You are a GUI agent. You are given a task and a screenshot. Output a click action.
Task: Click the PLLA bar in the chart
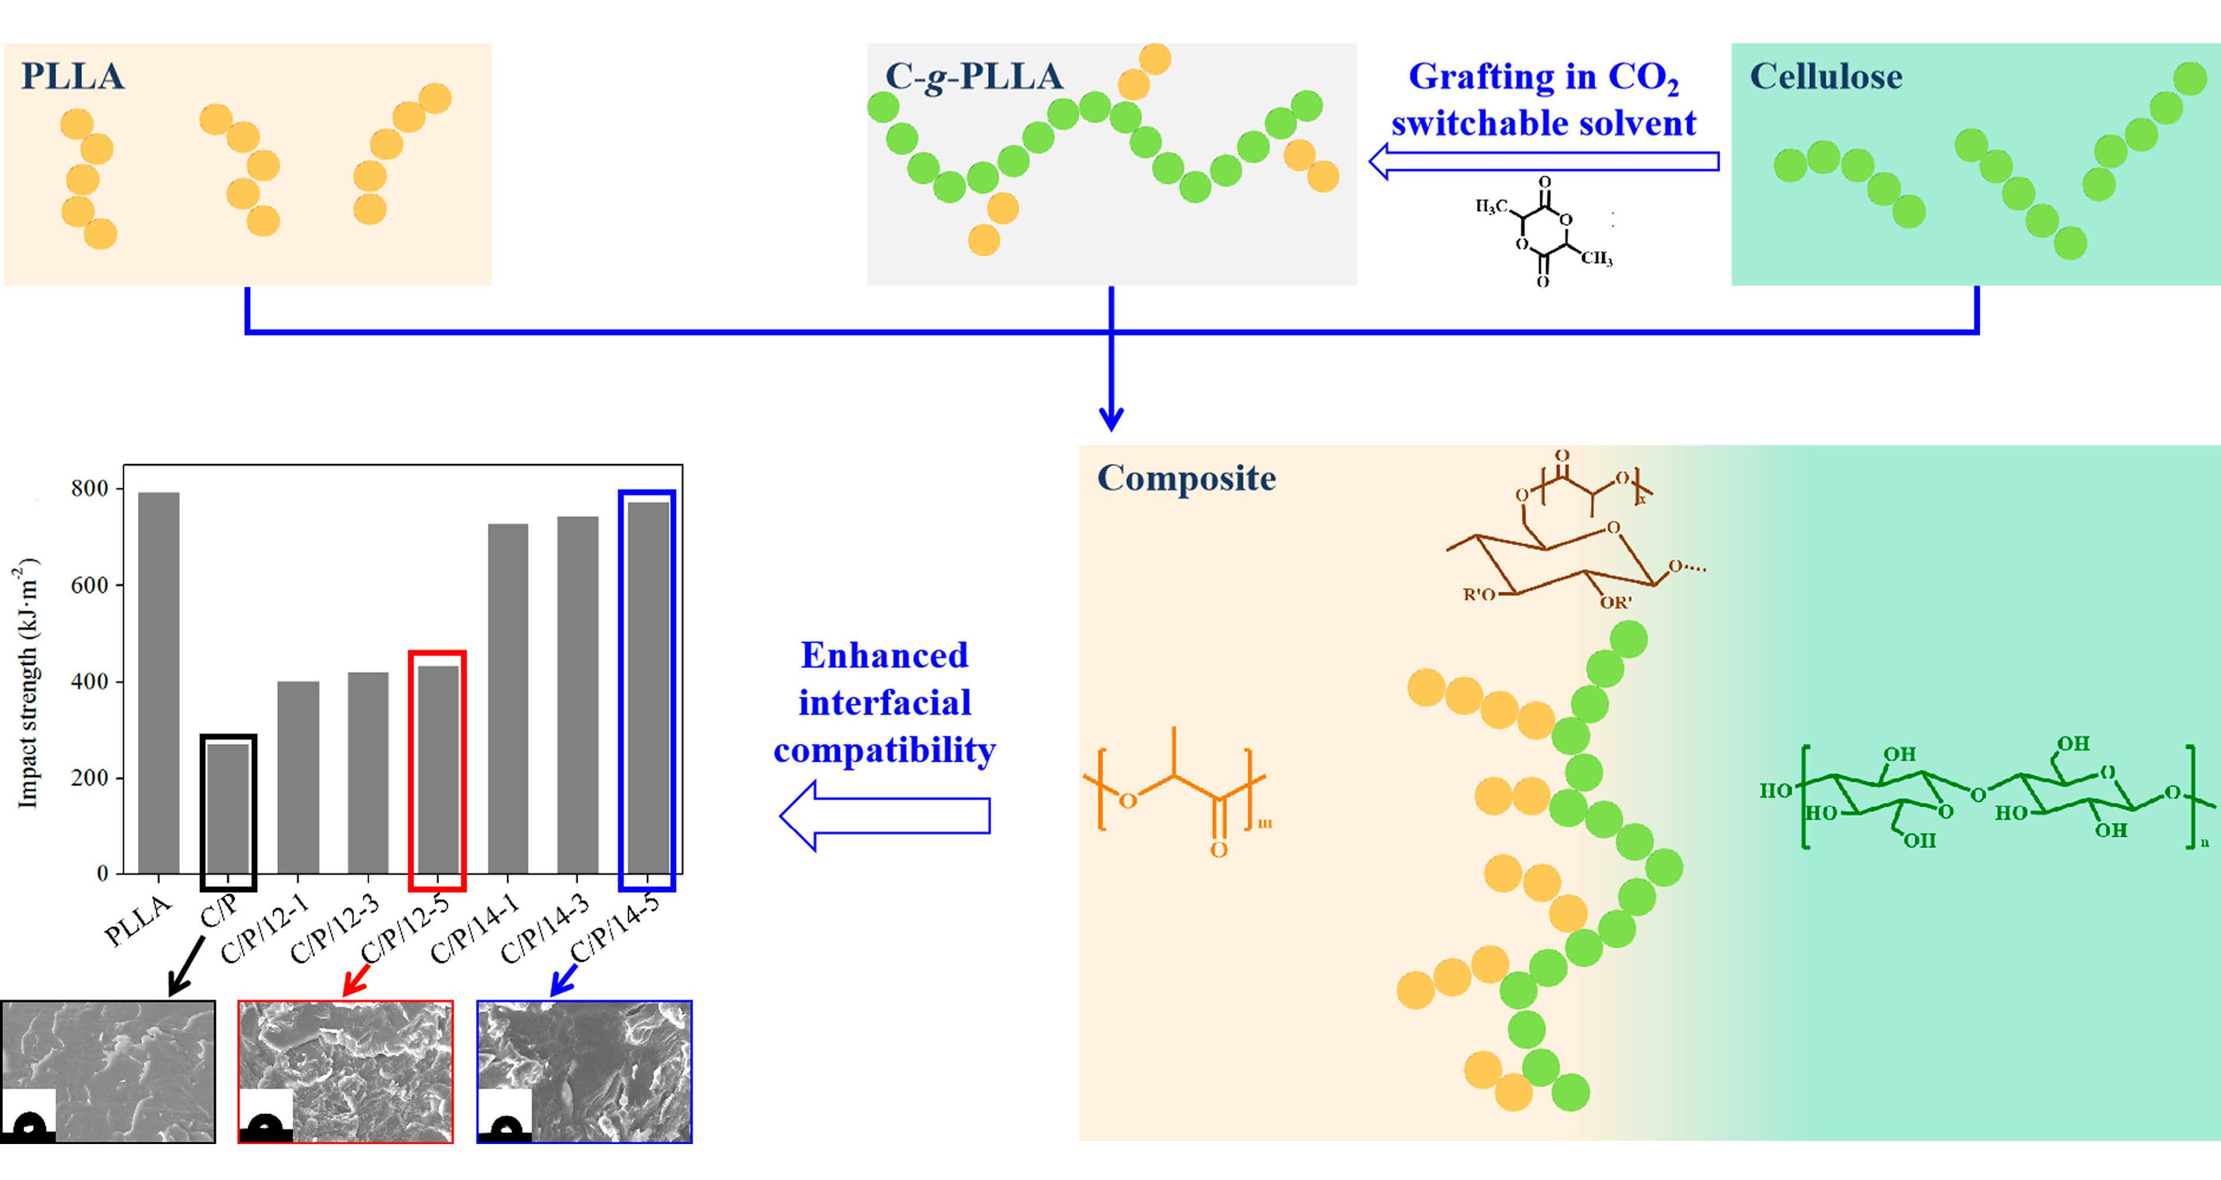tap(159, 682)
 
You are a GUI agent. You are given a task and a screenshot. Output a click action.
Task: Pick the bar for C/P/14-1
tap(508, 698)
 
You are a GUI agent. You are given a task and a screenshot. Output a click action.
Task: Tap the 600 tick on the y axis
tap(90, 585)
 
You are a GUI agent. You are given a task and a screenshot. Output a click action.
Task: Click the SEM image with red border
tap(346, 1072)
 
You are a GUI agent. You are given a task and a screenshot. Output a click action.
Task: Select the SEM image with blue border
tap(584, 1072)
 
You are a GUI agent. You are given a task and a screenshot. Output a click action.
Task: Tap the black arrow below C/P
tap(186, 966)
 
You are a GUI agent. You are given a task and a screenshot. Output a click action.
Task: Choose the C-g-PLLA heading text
tap(974, 77)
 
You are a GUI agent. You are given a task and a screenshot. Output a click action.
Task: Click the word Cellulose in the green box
tap(1825, 77)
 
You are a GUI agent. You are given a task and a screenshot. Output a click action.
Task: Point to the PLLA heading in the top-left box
tap(73, 77)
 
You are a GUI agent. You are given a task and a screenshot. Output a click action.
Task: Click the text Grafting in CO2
tap(1543, 77)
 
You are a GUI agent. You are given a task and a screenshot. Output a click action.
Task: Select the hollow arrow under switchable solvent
tap(1543, 161)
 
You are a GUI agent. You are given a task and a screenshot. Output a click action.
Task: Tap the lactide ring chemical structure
tap(1544, 232)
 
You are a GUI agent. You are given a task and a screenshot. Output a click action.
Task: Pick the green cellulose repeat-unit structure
tap(1983, 794)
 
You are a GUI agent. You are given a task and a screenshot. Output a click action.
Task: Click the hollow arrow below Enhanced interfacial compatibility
tap(885, 815)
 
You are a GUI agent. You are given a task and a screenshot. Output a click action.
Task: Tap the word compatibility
tap(885, 749)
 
